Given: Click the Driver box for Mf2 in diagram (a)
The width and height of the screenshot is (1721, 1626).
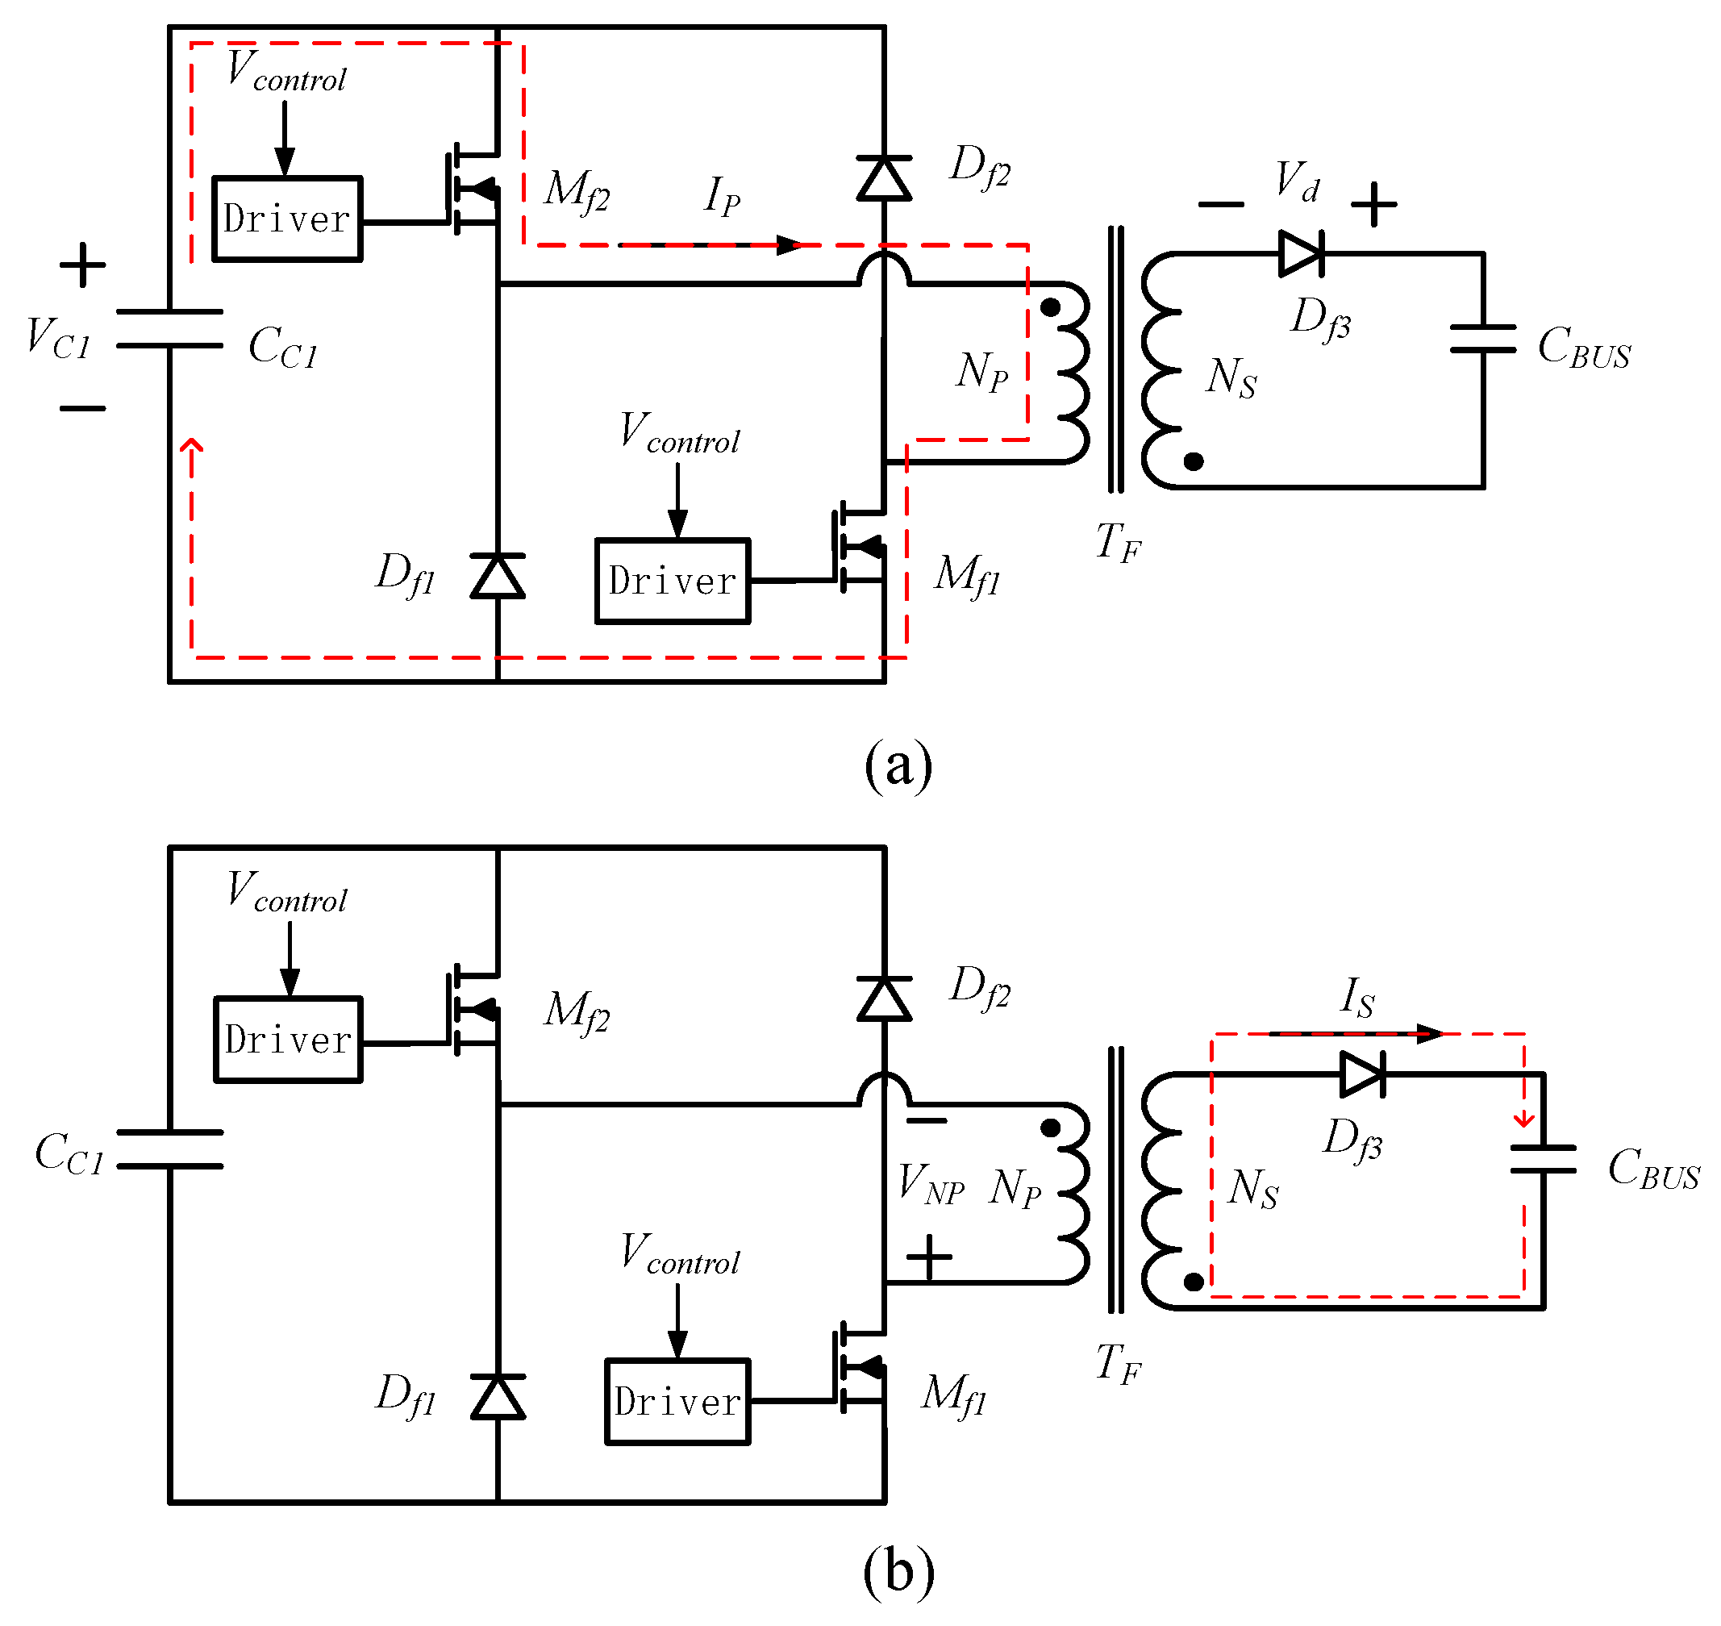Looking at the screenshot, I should coord(287,219).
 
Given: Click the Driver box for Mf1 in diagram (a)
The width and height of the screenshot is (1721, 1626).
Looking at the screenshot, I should coord(673,581).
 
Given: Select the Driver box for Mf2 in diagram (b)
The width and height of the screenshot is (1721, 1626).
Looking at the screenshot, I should coord(288,1039).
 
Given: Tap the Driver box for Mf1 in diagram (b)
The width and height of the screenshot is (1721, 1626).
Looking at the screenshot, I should coord(677,1402).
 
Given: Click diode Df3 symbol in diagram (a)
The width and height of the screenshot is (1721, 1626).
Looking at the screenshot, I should coord(1301,254).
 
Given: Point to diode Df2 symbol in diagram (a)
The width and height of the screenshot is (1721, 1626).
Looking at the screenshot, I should coord(884,178).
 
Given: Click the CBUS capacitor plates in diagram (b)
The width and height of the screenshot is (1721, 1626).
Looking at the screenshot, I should coord(1543,1159).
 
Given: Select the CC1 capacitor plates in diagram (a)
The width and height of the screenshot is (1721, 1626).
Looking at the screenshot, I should coord(170,328).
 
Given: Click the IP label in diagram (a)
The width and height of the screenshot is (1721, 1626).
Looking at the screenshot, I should coord(722,196).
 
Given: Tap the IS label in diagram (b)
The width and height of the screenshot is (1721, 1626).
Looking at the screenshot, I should coord(1357,997).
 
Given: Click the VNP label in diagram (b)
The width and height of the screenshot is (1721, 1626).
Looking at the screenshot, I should coord(931,1184).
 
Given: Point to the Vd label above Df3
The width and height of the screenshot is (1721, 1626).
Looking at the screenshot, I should coord(1298,182).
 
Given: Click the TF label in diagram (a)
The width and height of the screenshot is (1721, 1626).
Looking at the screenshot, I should coord(1118,544).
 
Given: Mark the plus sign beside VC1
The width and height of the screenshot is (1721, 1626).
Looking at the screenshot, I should coord(82,265).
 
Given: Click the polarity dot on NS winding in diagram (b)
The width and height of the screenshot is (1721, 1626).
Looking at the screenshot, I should coord(1194,1282).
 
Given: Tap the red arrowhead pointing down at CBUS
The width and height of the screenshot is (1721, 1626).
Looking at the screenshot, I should coord(1524,1119).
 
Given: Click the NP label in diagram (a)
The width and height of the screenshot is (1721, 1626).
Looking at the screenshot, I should coord(981,371).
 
